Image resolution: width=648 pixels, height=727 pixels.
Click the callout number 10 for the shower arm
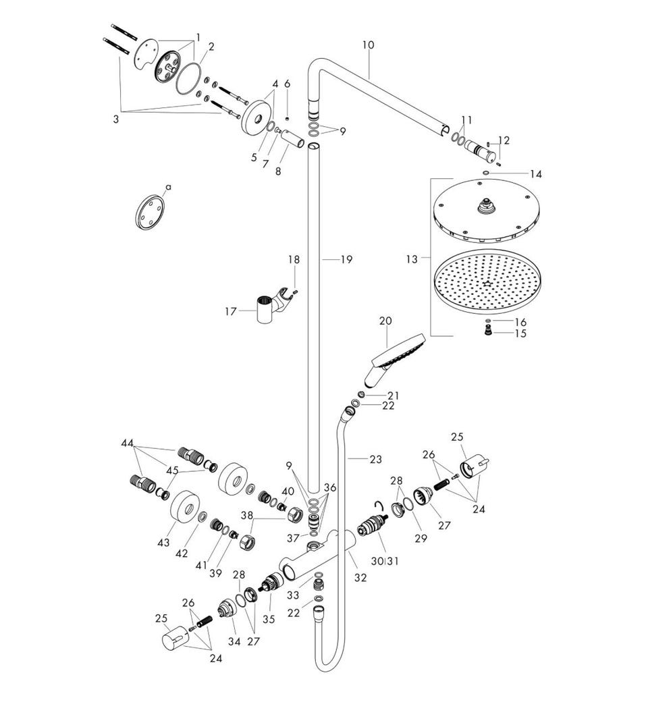point(368,45)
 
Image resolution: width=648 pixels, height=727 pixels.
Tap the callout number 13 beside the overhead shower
point(412,259)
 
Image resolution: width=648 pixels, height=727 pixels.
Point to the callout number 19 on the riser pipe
point(346,260)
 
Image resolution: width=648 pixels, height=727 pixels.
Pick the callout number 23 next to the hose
point(375,459)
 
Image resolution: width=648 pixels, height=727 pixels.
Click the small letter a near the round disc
point(168,187)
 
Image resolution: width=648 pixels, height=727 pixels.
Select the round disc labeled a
point(150,212)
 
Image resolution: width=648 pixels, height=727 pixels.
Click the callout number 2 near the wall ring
point(211,47)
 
